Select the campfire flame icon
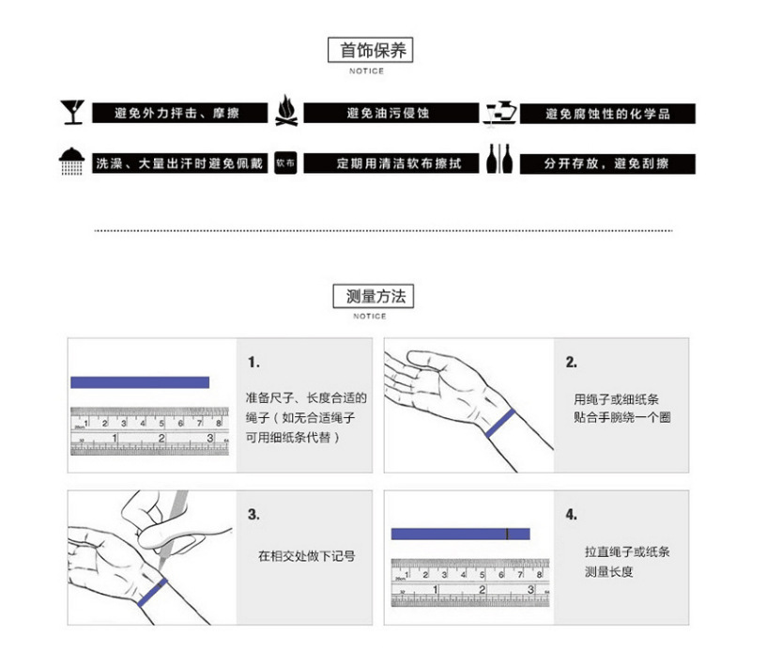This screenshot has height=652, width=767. (286, 111)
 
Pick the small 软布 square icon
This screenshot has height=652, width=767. (285, 163)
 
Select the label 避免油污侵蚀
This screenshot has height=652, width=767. (388, 114)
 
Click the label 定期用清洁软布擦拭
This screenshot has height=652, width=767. (387, 163)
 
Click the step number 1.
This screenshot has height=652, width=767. (253, 363)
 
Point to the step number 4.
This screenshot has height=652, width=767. (571, 515)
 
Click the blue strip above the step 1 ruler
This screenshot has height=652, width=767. (140, 382)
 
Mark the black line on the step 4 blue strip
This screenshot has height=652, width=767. (507, 534)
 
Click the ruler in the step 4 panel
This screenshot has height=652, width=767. (461, 582)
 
